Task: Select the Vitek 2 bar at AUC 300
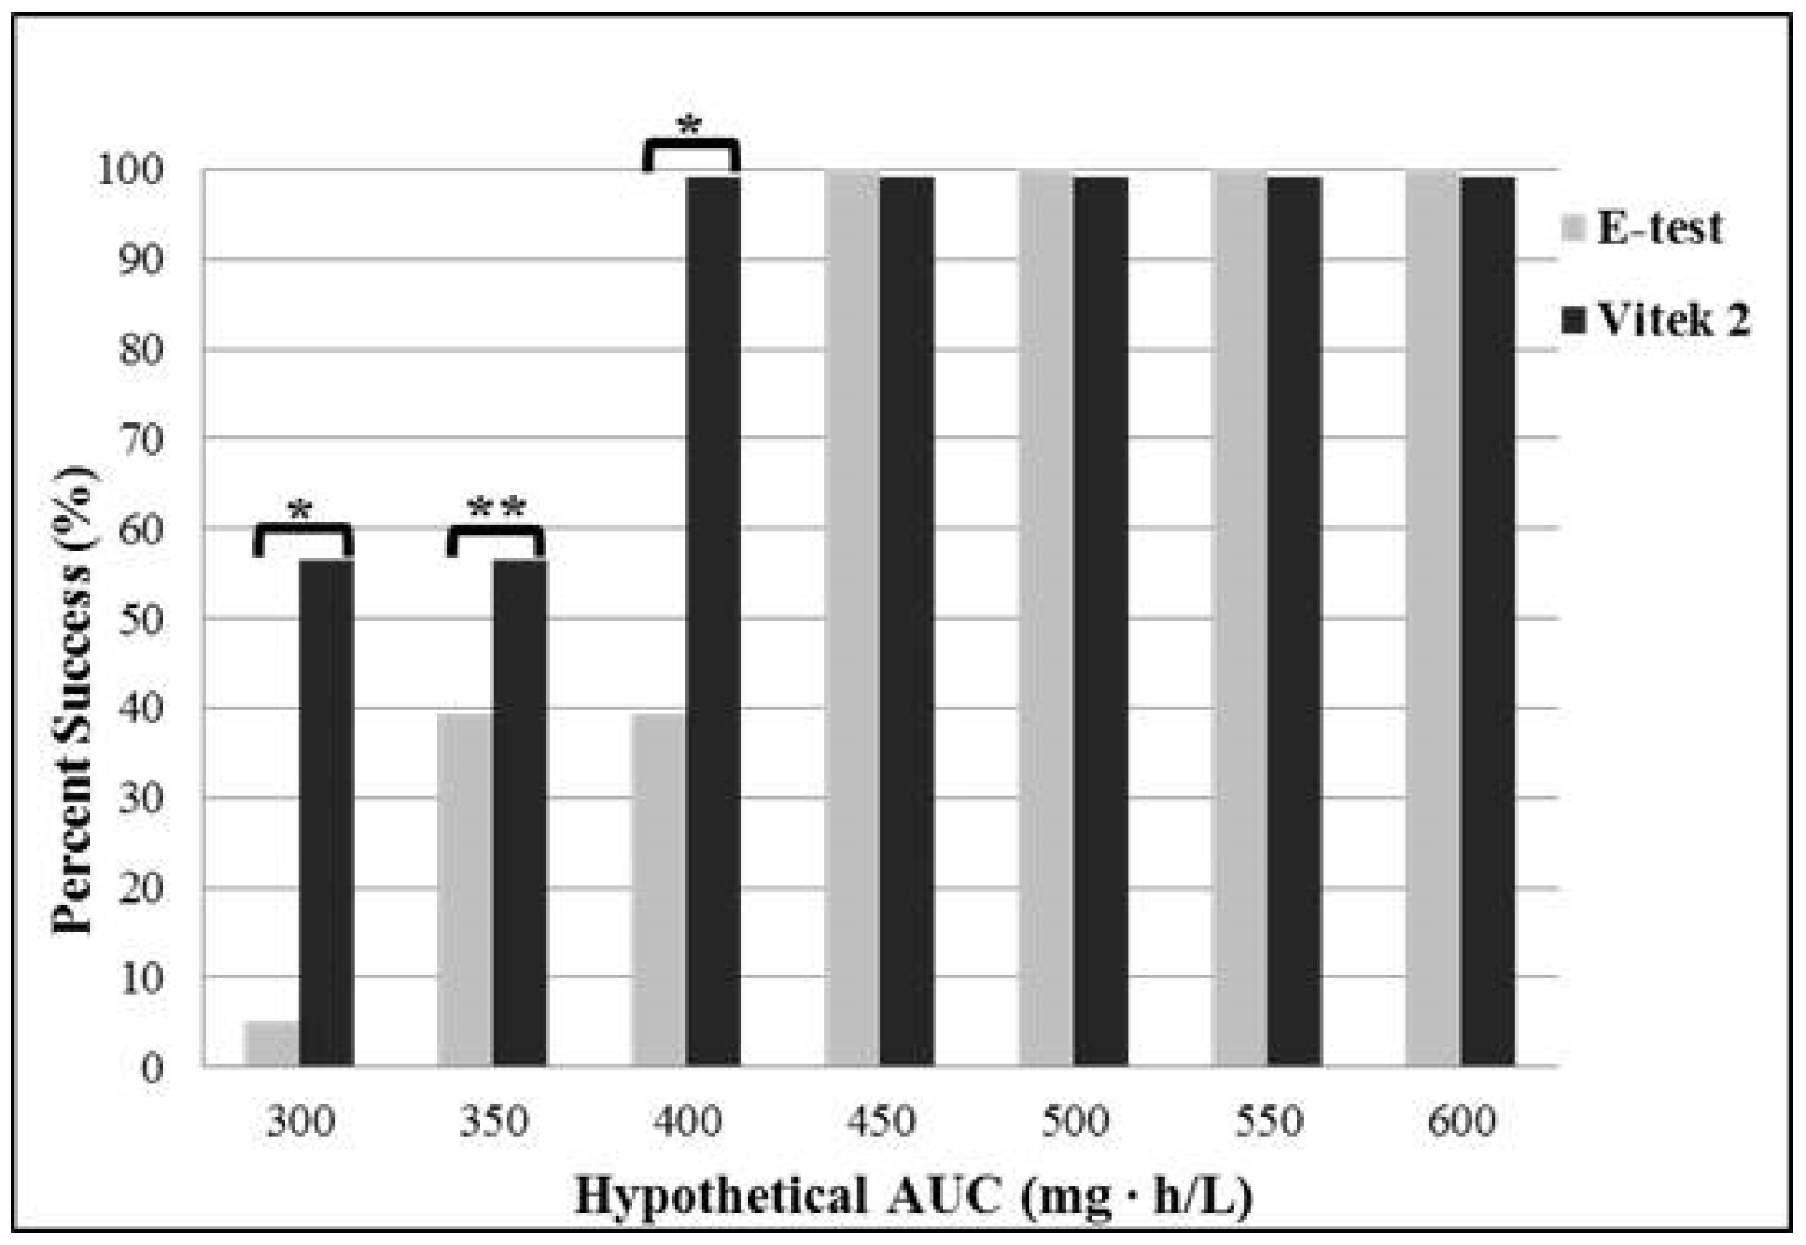click(326, 812)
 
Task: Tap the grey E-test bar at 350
click(465, 889)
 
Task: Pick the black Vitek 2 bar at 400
click(712, 622)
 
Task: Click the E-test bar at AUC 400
click(658, 889)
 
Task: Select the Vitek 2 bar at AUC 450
click(907, 622)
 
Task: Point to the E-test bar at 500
click(1045, 619)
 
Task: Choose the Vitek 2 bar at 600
click(1488, 622)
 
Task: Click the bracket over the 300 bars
click(303, 530)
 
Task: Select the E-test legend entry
click(1643, 228)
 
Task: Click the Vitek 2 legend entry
click(1656, 320)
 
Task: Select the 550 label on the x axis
click(1268, 1121)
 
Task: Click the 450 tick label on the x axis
click(880, 1121)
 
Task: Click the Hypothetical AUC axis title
click(914, 1196)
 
